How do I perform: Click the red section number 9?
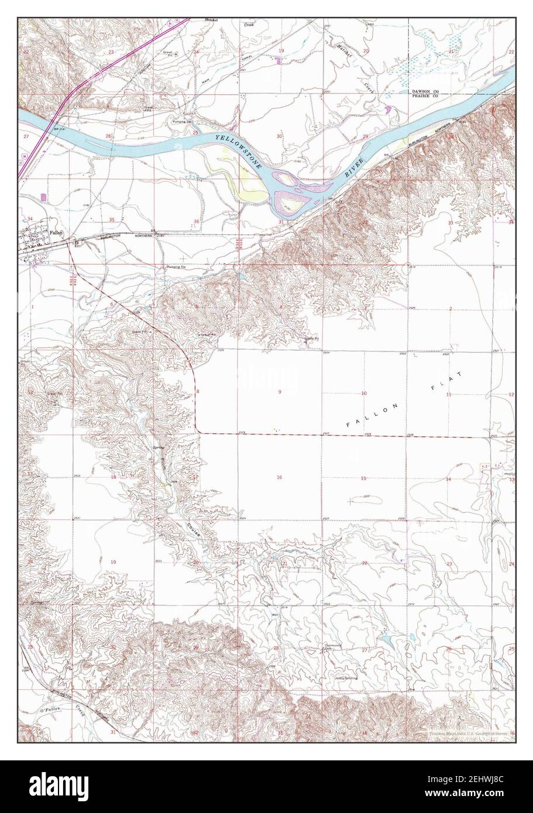(280, 392)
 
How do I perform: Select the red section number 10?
(363, 394)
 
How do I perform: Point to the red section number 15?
(363, 478)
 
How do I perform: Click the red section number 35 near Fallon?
(112, 219)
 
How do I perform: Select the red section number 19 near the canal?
(280, 51)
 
